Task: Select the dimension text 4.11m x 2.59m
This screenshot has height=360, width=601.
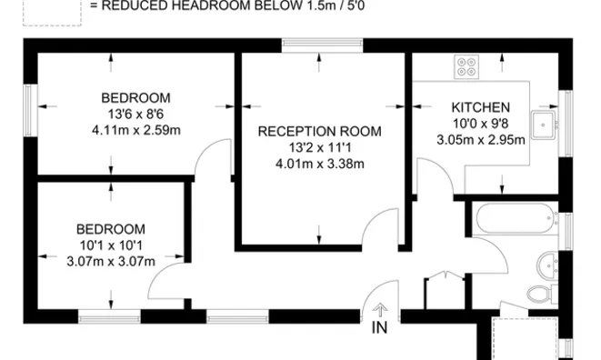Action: [x=136, y=130]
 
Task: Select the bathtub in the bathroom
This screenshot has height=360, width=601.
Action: [x=514, y=219]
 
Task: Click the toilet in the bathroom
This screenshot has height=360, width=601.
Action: [x=539, y=293]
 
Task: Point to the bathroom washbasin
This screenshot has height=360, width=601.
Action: [x=547, y=265]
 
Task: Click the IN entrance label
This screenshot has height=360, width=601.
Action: [x=380, y=329]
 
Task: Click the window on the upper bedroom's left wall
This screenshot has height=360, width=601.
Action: [x=29, y=110]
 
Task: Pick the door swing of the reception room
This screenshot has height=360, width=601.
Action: [x=382, y=227]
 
